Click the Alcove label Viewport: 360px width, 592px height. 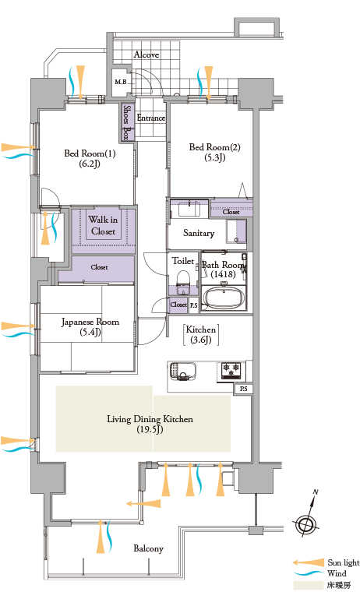click(146, 55)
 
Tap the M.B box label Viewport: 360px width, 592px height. click(121, 82)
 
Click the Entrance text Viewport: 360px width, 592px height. click(150, 118)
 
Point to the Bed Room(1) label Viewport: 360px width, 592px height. click(90, 158)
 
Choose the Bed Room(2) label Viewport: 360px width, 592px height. click(214, 152)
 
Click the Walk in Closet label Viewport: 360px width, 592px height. click(103, 225)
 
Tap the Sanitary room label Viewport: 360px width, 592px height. click(199, 233)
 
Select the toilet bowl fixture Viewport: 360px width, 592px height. click(183, 282)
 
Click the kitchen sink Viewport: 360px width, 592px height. click(183, 372)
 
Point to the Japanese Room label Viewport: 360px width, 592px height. click(90, 326)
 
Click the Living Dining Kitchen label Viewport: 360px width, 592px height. click(150, 424)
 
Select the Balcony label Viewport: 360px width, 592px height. click(149, 548)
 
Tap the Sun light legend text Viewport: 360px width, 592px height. click(344, 562)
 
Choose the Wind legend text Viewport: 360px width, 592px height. click(337, 573)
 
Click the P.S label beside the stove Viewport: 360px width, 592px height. click(244, 389)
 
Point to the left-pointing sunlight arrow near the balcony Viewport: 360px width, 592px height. click(143, 503)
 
